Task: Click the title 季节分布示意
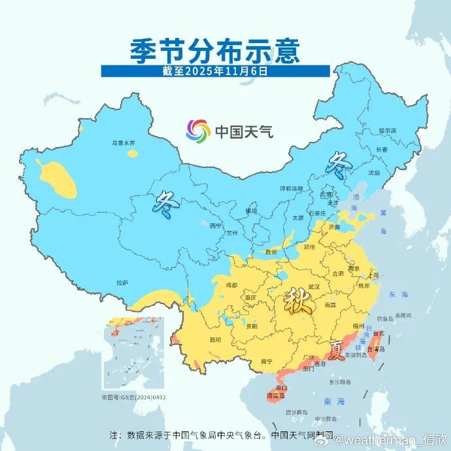tap(215, 50)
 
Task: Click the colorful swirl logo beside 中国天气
tap(197, 131)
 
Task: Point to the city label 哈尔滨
tap(388, 131)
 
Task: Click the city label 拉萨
tap(122, 283)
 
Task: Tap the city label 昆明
tap(215, 340)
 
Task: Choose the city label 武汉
tap(313, 287)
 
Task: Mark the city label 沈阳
tap(373, 173)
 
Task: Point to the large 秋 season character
tap(297, 303)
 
